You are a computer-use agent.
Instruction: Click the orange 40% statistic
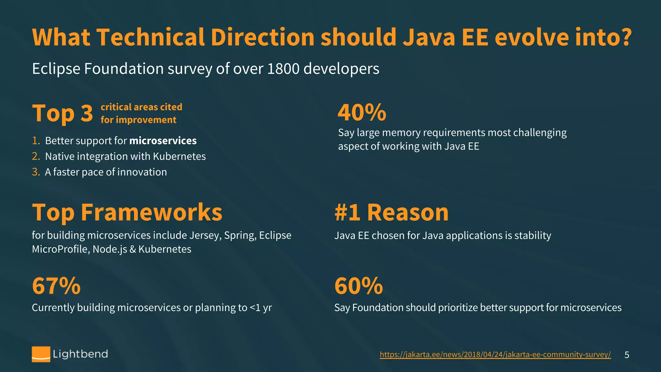[x=362, y=112]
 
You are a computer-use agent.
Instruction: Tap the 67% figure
[x=56, y=286]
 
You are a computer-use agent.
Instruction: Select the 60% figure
[x=359, y=286]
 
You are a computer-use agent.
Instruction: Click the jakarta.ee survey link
[x=495, y=355]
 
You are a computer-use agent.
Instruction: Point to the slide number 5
[x=627, y=355]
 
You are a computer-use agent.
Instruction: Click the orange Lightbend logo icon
[x=41, y=354]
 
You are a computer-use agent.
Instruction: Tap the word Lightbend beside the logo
[x=80, y=354]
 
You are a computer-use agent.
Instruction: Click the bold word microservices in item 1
[x=163, y=141]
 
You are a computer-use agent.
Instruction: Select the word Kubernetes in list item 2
[x=179, y=156]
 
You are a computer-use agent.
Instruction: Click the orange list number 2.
[x=36, y=156]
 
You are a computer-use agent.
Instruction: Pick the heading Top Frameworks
[x=127, y=212]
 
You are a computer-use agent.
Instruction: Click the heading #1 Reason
[x=392, y=212]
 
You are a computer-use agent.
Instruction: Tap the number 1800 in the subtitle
[x=283, y=69]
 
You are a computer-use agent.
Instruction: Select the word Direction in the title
[x=262, y=37]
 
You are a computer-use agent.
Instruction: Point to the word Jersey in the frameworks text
[x=205, y=235]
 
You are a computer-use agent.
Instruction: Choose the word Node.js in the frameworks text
[x=110, y=249]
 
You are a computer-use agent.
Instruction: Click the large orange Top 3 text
[x=63, y=114]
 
